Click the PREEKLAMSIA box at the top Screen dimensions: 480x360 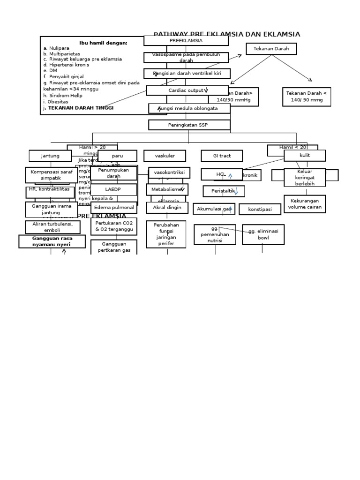[186, 41]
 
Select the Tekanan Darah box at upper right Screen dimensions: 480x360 [271, 49]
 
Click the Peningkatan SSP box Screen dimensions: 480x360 [189, 125]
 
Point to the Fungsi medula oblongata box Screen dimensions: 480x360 [189, 108]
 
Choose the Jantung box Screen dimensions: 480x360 [50, 156]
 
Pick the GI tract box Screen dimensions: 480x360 [222, 156]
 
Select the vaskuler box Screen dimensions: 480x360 [165, 156]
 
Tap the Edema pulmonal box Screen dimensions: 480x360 [113, 208]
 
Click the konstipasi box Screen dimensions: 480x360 [260, 210]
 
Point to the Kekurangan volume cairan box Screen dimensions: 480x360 [304, 204]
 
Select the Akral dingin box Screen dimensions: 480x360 [167, 208]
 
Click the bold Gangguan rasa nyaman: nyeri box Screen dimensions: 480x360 [52, 241]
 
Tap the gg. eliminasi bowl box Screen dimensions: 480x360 [263, 234]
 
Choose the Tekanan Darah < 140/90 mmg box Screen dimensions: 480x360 [307, 97]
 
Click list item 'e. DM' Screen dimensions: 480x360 [50, 71]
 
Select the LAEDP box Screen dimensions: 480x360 [113, 190]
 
